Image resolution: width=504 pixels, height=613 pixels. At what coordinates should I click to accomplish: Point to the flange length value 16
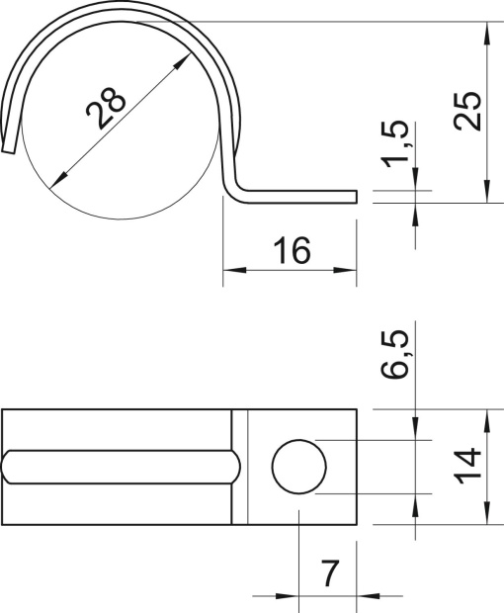291,251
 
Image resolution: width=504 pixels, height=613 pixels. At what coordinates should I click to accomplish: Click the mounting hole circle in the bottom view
298,466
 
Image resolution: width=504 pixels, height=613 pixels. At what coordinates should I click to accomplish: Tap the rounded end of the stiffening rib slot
234,466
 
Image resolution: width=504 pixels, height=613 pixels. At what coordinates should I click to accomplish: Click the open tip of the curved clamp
9,147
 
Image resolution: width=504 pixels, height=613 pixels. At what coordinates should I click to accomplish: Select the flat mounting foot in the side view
296,193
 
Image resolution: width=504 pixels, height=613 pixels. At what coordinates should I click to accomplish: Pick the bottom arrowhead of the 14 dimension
487,514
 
